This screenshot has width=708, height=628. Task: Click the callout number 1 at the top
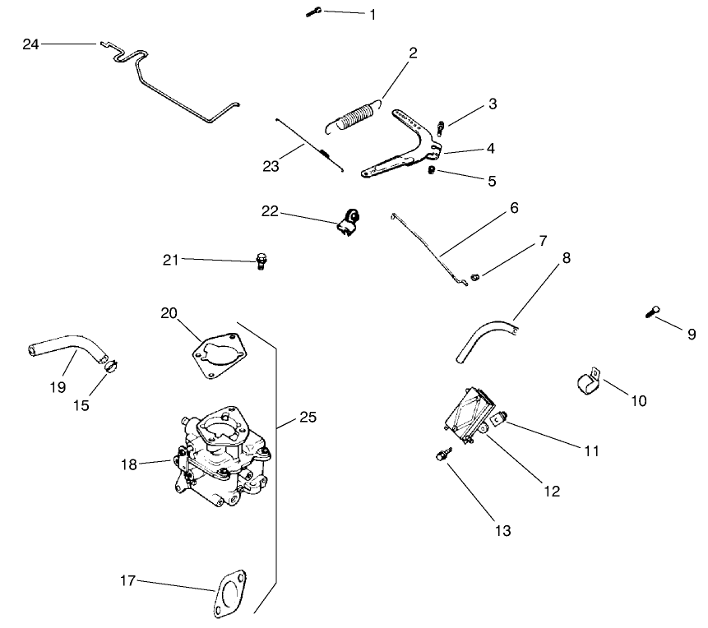373,15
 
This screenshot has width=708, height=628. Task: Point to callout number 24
30,44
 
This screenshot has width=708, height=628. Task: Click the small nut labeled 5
433,170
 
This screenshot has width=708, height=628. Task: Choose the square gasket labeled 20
217,355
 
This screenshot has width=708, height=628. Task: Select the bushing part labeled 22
349,220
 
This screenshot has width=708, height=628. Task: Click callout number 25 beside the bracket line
307,418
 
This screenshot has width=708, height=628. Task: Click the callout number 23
271,166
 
